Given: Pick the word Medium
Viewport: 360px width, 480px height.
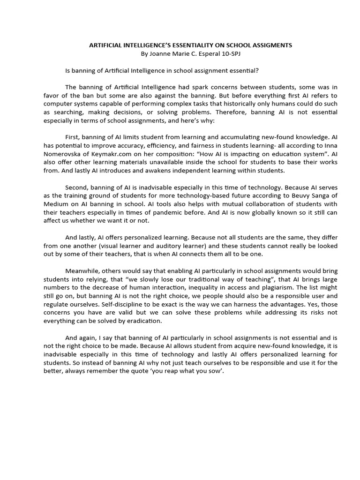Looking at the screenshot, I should tap(54, 205).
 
